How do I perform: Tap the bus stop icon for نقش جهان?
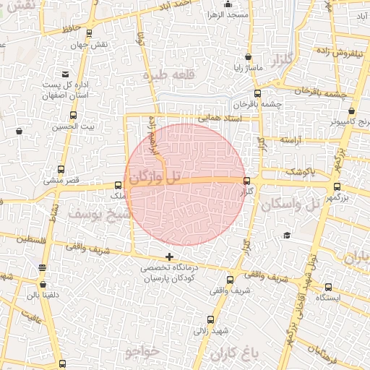(x=89, y=33)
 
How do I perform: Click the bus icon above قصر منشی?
(x=61, y=168)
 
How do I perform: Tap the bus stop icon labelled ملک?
(x=119, y=185)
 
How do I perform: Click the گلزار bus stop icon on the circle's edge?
(x=247, y=181)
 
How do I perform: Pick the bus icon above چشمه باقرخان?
(x=257, y=92)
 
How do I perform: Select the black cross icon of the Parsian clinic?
(x=170, y=257)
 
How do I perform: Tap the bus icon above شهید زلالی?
(x=210, y=319)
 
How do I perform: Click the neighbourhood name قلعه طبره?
(x=165, y=75)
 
